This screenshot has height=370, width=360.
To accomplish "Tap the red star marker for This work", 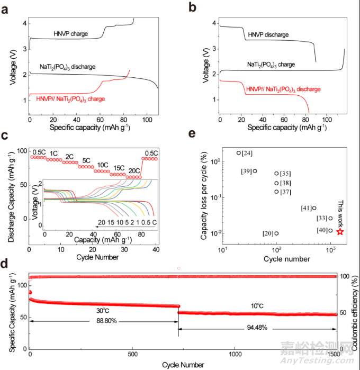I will click(x=340, y=231).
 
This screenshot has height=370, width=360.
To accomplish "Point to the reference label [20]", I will click(x=268, y=233).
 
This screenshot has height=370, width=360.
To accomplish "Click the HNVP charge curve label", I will click(x=70, y=34).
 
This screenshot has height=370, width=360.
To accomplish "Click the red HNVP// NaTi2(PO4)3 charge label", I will click(x=70, y=99).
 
